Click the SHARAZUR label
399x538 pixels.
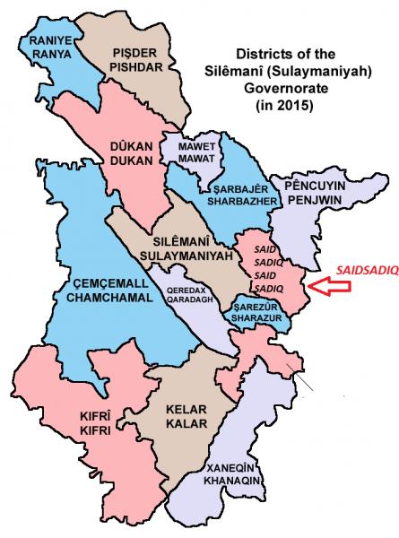257,317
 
